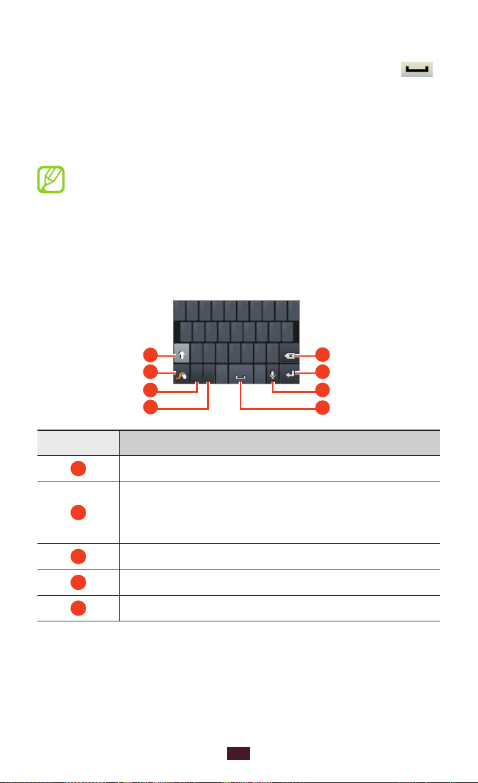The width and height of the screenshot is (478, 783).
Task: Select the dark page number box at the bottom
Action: (239, 754)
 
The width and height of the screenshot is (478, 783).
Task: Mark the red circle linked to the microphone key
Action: (323, 391)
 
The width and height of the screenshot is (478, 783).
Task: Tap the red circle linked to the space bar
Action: (323, 408)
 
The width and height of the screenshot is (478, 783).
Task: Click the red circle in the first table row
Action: (78, 468)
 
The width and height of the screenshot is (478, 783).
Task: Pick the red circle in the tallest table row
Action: (78, 512)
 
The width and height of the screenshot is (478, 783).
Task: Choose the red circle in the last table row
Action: (78, 608)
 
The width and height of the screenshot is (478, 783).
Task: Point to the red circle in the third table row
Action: (78, 556)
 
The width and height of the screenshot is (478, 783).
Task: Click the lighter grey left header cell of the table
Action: (78, 443)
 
